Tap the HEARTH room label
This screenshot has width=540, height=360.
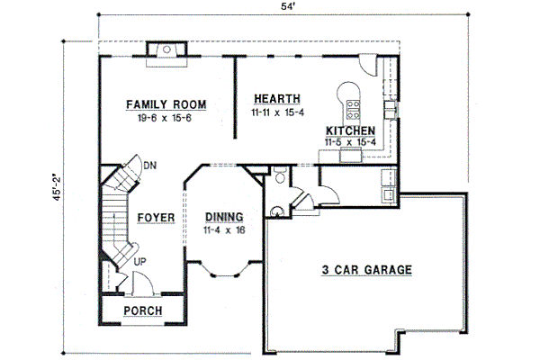tap(276, 99)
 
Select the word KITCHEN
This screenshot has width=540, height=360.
tap(350, 130)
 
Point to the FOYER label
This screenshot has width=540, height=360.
tap(156, 218)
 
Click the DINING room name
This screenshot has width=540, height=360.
tap(224, 217)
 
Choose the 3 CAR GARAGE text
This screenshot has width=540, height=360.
tap(366, 269)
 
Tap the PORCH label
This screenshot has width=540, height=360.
tap(143, 311)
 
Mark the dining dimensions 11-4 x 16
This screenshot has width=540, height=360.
tap(224, 230)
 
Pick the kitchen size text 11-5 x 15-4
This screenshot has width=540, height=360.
tap(351, 142)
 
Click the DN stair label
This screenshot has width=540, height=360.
tap(150, 166)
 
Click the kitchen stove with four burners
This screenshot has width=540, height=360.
tap(353, 110)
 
